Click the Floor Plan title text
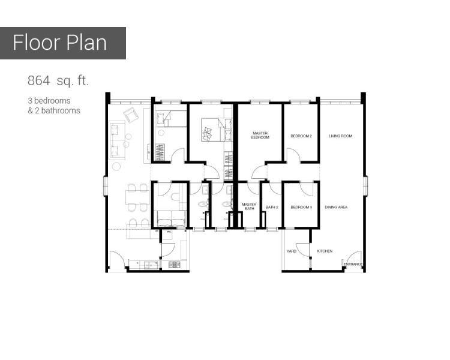[x=59, y=43]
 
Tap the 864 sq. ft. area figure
[x=58, y=80]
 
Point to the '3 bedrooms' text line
[x=49, y=101]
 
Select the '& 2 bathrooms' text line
[x=54, y=110]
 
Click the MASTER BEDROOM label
[x=260, y=135]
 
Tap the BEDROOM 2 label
[x=301, y=136]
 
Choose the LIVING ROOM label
[x=340, y=136]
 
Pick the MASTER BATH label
[x=249, y=206]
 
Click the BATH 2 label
[x=272, y=207]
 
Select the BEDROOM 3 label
[x=301, y=207]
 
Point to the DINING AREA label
[x=336, y=207]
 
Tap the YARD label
[x=291, y=251]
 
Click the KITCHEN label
[x=325, y=251]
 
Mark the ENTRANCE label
[x=353, y=264]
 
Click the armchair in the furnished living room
[x=131, y=115]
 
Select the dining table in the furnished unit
[x=137, y=197]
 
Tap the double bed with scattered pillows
[x=217, y=130]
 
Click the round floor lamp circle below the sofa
[x=116, y=167]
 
